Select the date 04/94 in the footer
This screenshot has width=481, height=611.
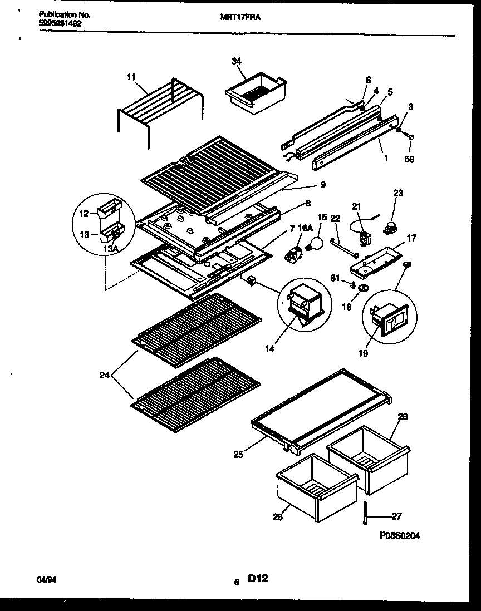click(x=43, y=580)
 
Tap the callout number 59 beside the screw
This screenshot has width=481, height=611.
click(x=410, y=159)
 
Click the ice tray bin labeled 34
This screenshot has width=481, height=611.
click(x=255, y=96)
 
